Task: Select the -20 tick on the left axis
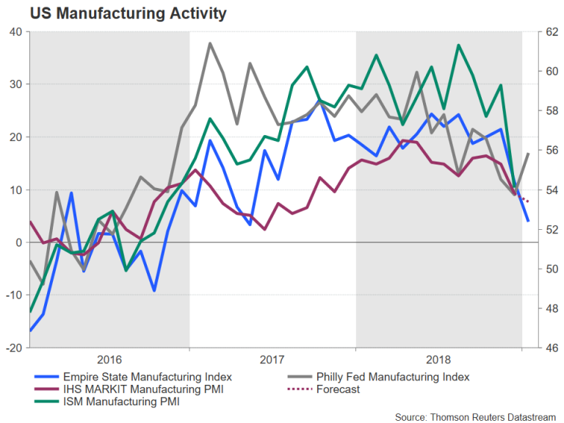coord(15,348)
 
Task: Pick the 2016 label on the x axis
coord(109,360)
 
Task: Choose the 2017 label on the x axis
coord(272,360)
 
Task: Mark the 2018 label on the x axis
coord(438,360)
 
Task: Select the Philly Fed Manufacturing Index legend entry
coord(392,377)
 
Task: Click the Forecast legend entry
coord(338,389)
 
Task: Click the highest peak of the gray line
coord(210,43)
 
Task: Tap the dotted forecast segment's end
coord(529,201)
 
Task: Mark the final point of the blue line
coord(529,220)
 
